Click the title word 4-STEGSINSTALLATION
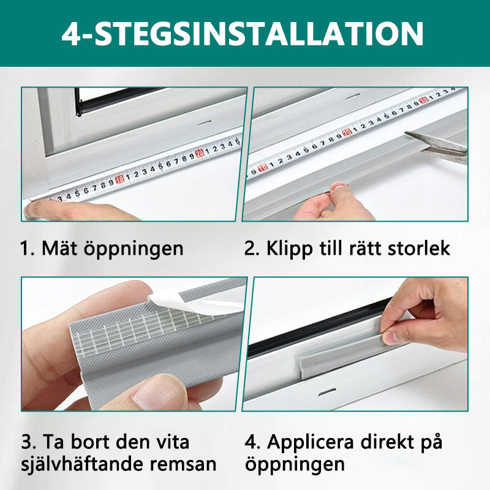click(x=243, y=34)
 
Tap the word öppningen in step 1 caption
click(x=134, y=250)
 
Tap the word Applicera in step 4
click(x=311, y=443)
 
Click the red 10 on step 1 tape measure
click(x=119, y=179)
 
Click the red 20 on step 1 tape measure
click(x=200, y=153)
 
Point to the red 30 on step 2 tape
click(x=424, y=100)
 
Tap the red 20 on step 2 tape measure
click(x=347, y=132)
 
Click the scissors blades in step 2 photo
click(x=435, y=142)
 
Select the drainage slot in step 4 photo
click(x=327, y=392)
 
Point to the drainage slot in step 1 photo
click(x=205, y=122)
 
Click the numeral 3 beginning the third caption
click(x=26, y=442)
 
